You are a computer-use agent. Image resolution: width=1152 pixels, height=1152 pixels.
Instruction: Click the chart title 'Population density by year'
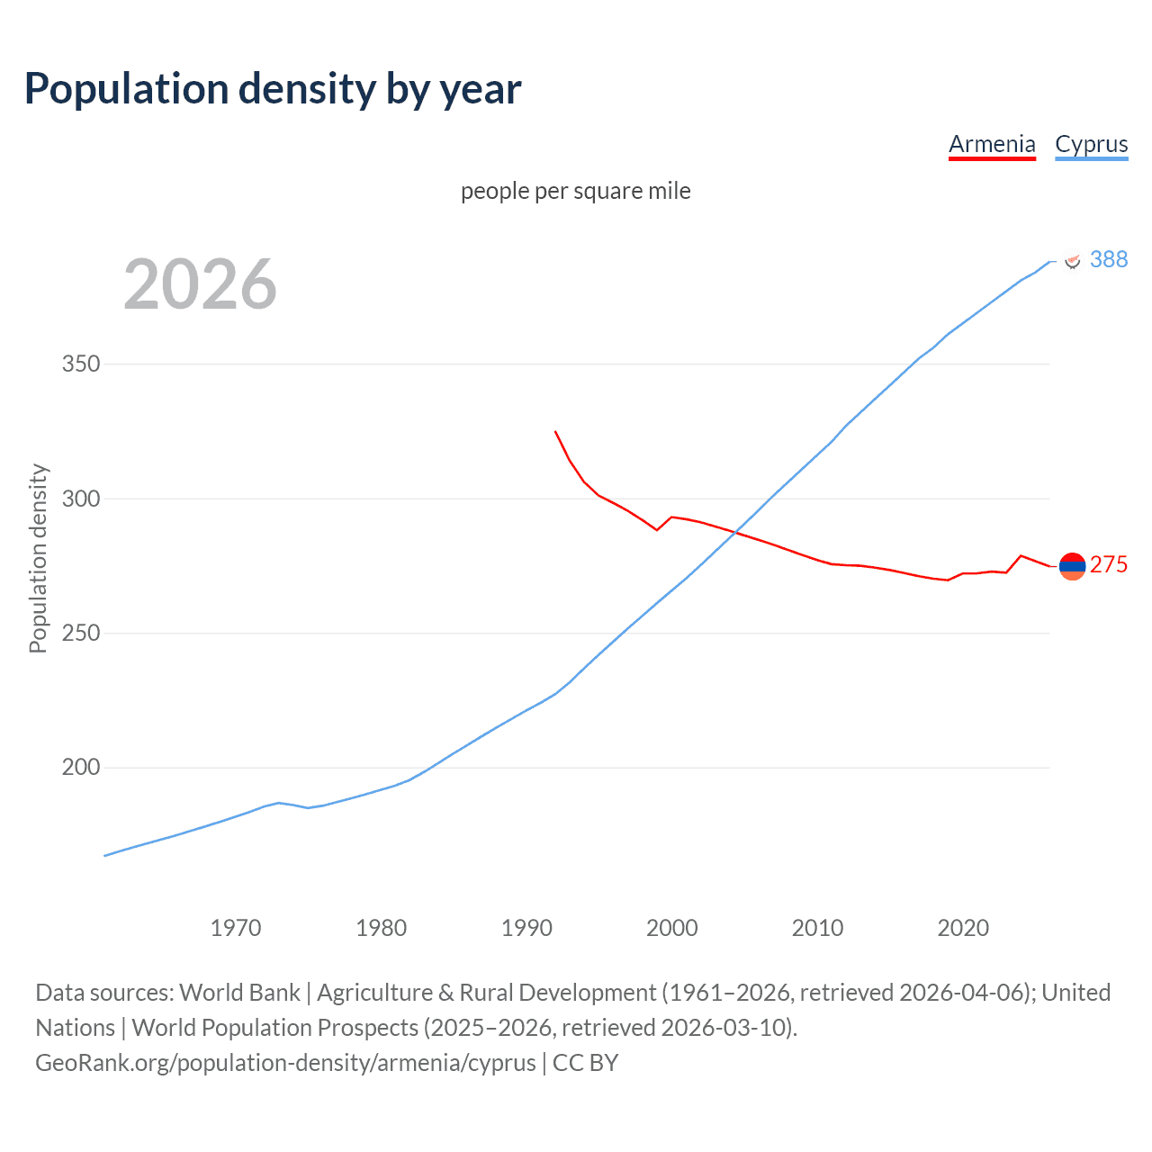pos(273,89)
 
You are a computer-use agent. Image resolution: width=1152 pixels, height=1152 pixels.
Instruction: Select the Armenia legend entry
pos(992,144)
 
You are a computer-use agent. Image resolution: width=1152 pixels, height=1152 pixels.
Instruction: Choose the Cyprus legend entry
pos(1091,144)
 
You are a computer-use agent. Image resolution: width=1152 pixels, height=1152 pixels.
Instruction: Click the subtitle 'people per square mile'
pos(575,191)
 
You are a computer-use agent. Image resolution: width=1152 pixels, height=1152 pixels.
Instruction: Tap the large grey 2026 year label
pos(200,284)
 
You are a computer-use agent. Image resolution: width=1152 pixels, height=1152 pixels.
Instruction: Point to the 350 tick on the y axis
pos(80,364)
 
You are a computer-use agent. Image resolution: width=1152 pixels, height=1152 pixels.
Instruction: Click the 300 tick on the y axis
pos(80,499)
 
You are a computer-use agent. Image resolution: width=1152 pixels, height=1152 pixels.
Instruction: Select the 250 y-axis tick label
pos(80,634)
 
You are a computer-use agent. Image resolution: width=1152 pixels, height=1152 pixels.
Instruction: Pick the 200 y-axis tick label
pos(80,768)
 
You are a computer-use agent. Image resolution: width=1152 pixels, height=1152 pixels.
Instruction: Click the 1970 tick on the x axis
pos(236,928)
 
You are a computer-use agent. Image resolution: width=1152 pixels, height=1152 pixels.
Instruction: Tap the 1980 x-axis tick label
pos(382,928)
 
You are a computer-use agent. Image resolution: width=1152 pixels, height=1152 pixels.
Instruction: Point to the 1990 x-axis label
pos(526,928)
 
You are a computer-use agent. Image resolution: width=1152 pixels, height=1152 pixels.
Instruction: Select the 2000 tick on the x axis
pos(672,928)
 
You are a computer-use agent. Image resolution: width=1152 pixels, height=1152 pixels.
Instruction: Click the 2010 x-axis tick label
pos(817,928)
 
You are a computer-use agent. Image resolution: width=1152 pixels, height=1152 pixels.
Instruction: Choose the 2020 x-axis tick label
pos(963,928)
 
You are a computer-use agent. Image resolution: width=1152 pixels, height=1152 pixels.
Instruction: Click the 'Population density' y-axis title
pos(38,558)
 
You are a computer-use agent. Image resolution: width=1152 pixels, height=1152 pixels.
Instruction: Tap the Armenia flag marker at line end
pos(1072,566)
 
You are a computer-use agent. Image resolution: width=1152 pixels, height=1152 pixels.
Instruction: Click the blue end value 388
pos(1108,259)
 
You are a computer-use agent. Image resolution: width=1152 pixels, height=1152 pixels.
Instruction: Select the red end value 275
pos(1108,564)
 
